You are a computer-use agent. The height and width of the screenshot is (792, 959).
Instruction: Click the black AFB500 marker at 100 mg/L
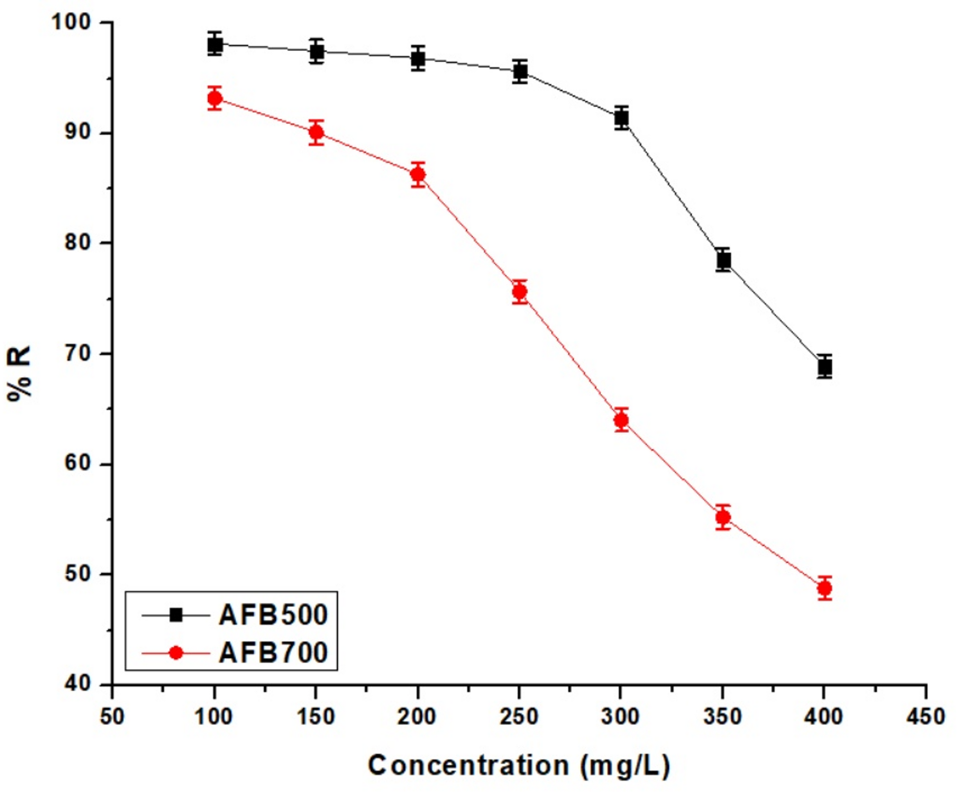coord(215,45)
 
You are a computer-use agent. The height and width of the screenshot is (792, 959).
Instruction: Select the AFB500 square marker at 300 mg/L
coord(621,118)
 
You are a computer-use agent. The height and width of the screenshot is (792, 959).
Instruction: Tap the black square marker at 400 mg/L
coord(825,367)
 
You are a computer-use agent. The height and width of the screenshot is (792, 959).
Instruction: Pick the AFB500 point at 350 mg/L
coord(724,260)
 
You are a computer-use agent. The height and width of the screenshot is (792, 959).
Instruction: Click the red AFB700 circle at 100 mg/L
coord(215,98)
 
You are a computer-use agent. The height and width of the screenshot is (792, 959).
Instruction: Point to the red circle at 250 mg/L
coord(520,291)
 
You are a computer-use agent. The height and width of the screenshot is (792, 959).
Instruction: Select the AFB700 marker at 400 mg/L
coord(825,588)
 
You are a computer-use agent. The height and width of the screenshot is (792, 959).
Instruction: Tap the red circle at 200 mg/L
coord(418,174)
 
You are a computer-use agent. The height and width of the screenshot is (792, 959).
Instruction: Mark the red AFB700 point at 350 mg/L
coord(724,517)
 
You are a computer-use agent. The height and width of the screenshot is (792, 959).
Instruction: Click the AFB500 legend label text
coord(273,615)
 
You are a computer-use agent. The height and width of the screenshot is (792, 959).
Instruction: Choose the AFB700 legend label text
coord(273,653)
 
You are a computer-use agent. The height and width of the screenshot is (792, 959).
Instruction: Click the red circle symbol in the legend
coord(176,653)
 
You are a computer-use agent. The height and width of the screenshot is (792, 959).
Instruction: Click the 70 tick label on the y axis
coord(77,353)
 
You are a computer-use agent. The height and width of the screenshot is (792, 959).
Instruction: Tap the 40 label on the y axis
coord(77,684)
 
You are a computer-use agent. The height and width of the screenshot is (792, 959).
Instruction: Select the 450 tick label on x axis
coord(925,717)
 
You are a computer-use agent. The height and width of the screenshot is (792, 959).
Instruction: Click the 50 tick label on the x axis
coord(112,717)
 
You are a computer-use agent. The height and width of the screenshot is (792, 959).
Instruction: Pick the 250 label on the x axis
coord(519,717)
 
